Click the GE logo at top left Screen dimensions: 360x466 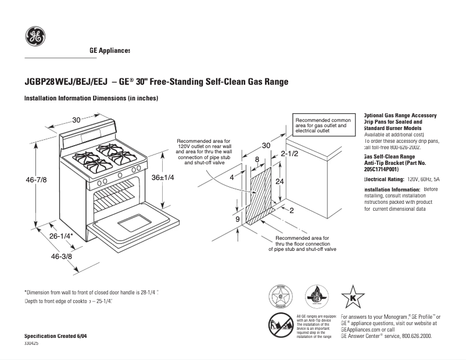point(35,37)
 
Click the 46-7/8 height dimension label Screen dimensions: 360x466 point(36,180)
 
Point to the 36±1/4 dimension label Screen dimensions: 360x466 point(163,177)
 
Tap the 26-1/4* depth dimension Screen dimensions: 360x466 point(61,236)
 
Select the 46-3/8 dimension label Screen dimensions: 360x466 point(62,256)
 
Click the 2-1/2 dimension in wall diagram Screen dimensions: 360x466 point(289,154)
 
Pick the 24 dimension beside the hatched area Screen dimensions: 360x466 point(279,181)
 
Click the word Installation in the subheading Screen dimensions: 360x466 point(41,99)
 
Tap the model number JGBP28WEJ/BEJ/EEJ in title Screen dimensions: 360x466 point(66,82)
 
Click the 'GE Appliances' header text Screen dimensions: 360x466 point(110,51)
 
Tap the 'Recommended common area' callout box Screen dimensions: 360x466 point(322,125)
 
